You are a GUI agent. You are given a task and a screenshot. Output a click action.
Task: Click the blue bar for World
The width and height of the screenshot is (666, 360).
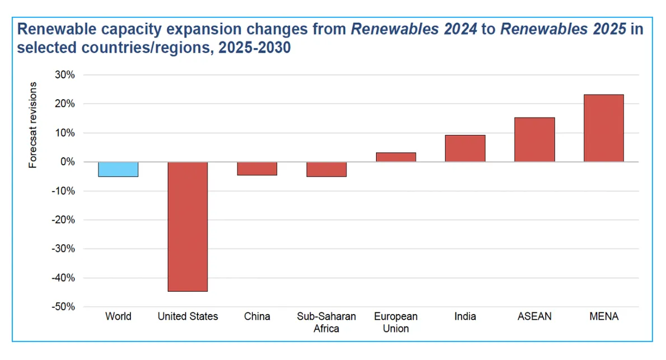click(x=118, y=169)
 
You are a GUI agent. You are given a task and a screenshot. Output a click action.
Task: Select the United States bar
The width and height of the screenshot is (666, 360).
click(x=187, y=226)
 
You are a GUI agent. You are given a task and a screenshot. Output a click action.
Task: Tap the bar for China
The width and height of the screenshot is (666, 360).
click(x=257, y=169)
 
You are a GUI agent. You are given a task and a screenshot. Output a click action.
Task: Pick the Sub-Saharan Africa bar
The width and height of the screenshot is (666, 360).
click(x=326, y=169)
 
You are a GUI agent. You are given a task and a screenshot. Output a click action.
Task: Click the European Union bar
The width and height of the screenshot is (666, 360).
click(x=396, y=157)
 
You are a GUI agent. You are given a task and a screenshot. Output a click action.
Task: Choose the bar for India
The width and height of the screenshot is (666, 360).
click(x=465, y=148)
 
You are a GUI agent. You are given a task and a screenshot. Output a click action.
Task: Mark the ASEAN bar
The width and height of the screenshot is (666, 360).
click(x=534, y=139)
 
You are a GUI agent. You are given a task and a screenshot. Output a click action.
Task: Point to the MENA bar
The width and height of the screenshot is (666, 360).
click(x=603, y=128)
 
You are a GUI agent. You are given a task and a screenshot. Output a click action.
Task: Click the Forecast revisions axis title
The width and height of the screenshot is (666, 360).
click(x=34, y=125)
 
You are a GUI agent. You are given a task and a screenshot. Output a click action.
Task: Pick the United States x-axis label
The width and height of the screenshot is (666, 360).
click(x=187, y=316)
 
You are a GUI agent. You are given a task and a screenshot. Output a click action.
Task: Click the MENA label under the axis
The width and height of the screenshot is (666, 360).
click(x=604, y=316)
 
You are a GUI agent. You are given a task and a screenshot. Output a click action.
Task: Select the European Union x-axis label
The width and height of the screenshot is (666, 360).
click(x=396, y=322)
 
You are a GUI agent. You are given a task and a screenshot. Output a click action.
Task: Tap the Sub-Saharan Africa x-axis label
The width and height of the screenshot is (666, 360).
click(x=326, y=322)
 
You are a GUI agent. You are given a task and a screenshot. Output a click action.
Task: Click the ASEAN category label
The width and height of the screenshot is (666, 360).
click(x=534, y=316)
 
